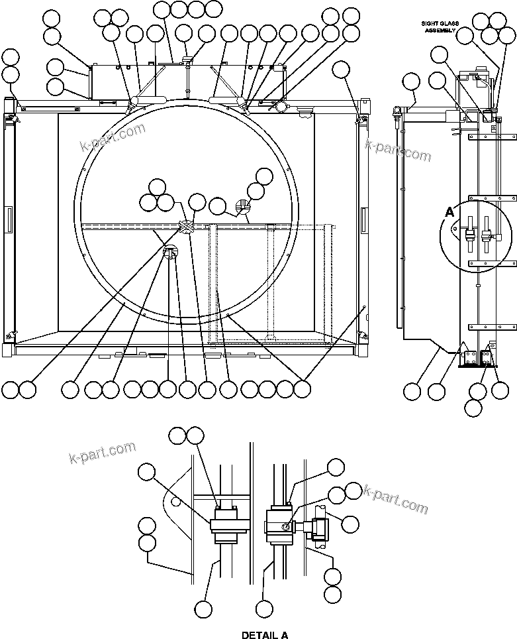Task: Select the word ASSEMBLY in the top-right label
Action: (x=438, y=30)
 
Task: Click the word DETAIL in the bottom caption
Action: (x=255, y=634)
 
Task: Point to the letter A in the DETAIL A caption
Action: (x=283, y=634)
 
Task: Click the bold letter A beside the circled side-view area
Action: (x=449, y=212)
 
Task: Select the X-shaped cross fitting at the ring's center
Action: (x=187, y=227)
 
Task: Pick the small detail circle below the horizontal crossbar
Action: (x=170, y=251)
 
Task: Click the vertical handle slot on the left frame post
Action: (x=8, y=218)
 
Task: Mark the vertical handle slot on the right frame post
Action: (x=363, y=219)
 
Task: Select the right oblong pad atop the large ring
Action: (x=225, y=99)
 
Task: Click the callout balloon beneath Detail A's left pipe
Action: (x=203, y=609)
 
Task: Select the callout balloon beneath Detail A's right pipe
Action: (x=265, y=609)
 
